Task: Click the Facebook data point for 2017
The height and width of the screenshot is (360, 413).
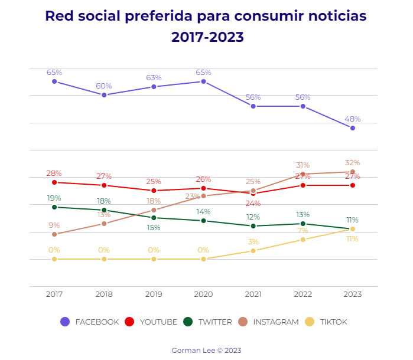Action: pos(54,81)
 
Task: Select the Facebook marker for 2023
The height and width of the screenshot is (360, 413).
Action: pos(353,128)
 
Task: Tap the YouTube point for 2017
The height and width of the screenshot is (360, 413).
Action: pos(54,182)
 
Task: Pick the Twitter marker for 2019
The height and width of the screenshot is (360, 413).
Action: pos(154,218)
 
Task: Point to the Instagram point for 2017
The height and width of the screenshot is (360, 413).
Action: pos(54,234)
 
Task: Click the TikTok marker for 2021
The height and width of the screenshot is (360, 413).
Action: pos(253,251)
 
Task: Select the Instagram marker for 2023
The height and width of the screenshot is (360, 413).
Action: pos(353,172)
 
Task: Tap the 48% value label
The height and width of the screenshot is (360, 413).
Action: pos(353,119)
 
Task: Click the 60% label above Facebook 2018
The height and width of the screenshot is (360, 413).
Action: pos(104,86)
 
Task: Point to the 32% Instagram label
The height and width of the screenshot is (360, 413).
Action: pos(353,163)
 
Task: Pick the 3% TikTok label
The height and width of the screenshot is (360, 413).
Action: pos(253,242)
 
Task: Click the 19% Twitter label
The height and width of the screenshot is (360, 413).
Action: pos(54,198)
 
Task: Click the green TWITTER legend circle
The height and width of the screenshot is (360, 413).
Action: pos(188,322)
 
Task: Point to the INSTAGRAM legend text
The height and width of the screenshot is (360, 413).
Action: pos(276,322)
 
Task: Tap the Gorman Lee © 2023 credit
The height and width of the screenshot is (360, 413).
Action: pos(206,351)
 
